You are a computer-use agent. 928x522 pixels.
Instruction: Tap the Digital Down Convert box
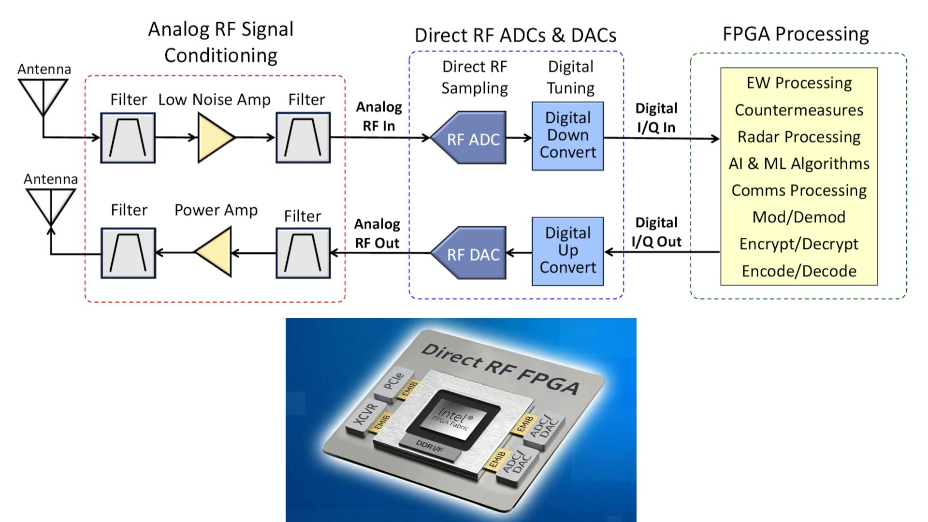567,136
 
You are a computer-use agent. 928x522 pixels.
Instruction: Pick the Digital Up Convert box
567,251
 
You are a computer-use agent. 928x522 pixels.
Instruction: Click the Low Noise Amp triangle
214,138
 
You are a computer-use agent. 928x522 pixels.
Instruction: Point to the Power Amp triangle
216,252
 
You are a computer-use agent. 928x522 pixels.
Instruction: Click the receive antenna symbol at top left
43,97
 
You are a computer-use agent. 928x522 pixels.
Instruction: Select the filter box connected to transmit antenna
128,253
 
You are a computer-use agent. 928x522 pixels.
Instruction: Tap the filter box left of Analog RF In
303,138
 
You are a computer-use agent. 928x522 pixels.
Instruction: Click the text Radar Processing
798,137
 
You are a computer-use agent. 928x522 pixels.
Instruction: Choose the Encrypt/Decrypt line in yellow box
798,244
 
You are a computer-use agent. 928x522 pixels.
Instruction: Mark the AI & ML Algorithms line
798,164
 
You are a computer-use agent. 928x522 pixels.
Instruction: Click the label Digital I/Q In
656,118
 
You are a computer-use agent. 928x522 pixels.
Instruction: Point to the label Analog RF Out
377,233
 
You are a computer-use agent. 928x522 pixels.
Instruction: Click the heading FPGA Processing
796,34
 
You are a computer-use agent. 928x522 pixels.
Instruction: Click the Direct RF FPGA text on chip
500,369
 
